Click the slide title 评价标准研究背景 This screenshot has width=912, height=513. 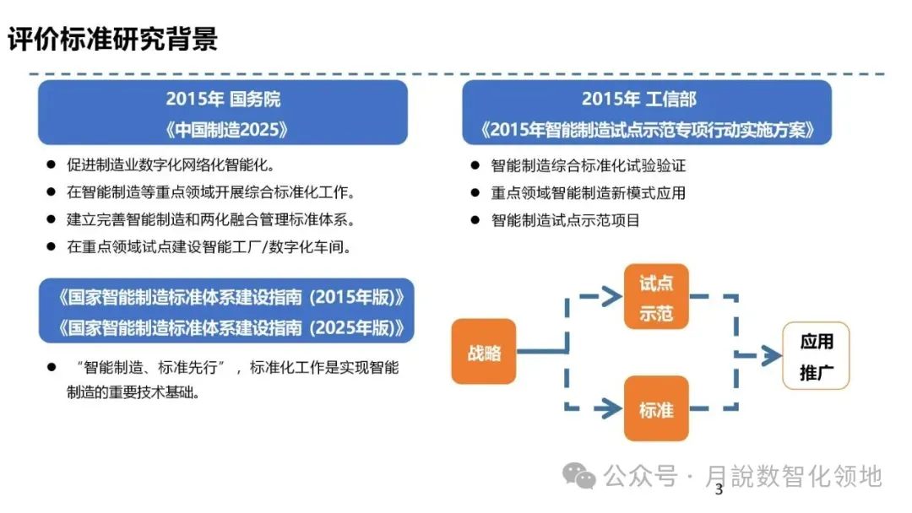point(113,39)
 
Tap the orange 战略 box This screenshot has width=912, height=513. point(484,352)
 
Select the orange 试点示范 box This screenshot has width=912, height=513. point(656,297)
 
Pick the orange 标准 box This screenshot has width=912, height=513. point(656,409)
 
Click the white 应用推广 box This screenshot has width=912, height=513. point(816,355)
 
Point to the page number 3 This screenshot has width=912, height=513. point(719,491)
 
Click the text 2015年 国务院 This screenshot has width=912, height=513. point(223,99)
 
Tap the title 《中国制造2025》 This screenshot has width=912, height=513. point(223,129)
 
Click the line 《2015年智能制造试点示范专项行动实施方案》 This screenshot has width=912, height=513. point(647,129)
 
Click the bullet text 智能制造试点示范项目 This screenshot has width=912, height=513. point(565,220)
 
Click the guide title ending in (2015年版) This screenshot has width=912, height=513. point(226,298)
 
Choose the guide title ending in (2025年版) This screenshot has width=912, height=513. point(226,327)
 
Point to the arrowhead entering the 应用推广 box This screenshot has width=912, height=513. point(770,355)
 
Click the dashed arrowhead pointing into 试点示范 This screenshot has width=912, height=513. point(610,296)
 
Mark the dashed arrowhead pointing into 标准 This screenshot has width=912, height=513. point(610,409)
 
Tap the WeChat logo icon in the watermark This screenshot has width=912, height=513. point(580,477)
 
